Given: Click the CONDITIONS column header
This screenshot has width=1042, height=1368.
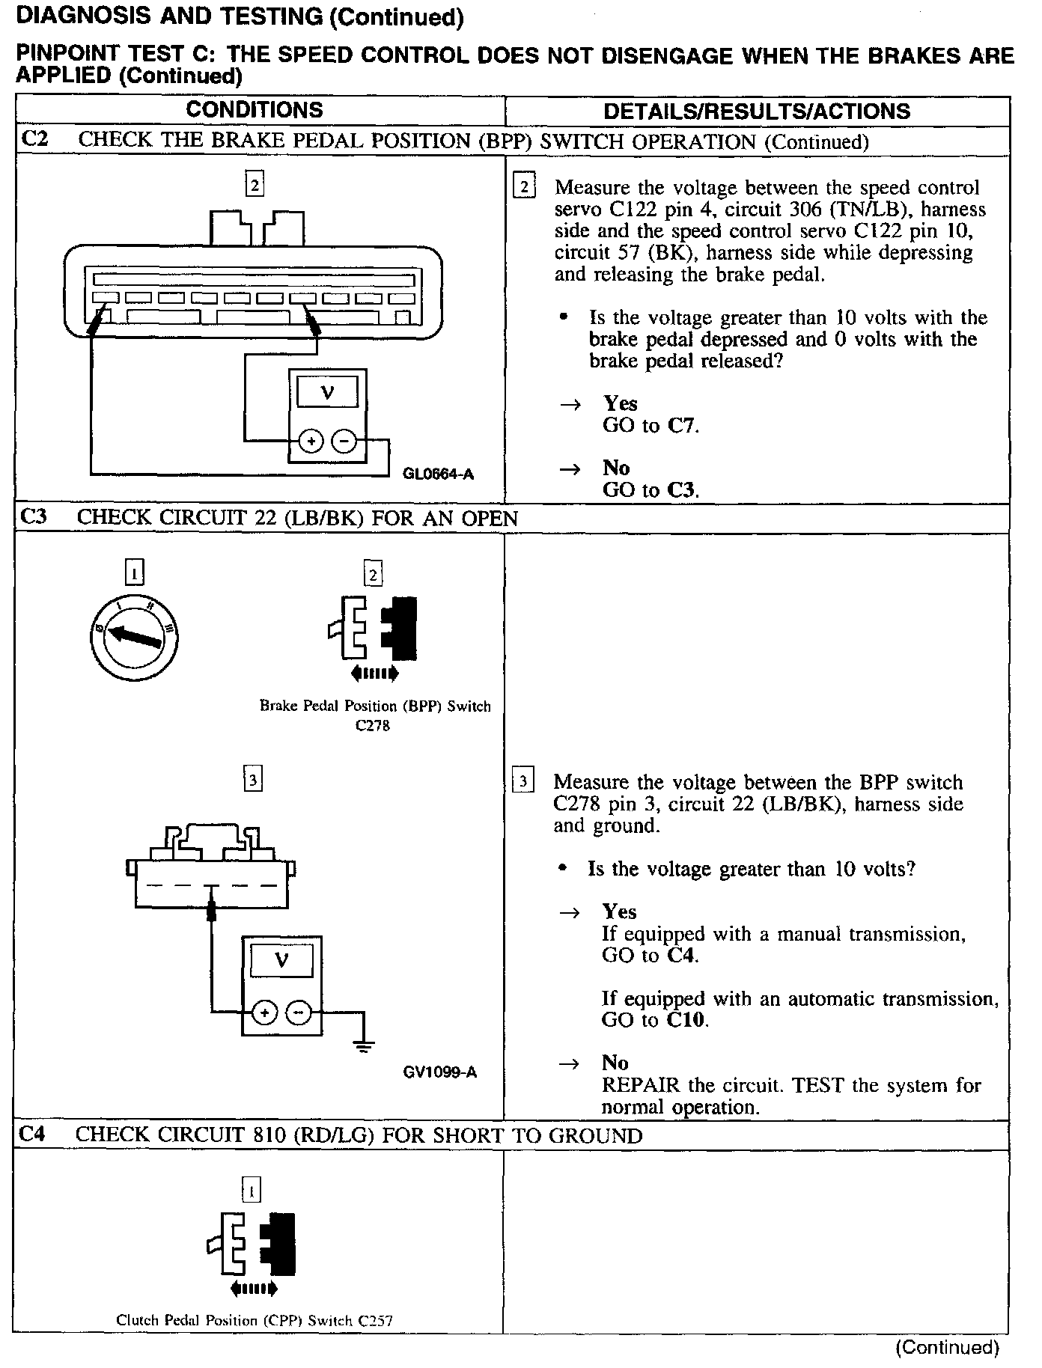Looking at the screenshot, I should coord(255,110).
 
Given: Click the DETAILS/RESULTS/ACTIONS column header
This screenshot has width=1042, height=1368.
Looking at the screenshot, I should coord(757,112).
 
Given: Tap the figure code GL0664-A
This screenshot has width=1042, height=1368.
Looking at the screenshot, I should coord(438,474).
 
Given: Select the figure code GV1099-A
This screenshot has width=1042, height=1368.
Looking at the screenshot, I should coord(440,1072).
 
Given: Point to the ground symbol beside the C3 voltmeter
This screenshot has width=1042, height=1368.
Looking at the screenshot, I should coord(364,1046).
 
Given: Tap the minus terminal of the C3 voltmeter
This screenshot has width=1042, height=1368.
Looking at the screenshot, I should coord(298,1013).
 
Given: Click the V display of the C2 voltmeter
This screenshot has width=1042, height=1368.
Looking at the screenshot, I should coord(327,391).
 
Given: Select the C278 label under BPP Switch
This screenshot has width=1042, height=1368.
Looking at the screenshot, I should coord(373,725).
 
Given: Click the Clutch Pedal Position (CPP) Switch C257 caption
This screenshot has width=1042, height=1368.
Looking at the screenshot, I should coord(255,1320).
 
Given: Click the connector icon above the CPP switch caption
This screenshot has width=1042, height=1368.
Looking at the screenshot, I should coord(252,1245).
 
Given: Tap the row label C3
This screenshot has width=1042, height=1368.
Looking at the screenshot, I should coord(34,517).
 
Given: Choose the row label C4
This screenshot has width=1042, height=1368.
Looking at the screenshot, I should coord(33,1135).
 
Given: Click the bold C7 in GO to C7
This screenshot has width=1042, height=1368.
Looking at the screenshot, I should coord(682,426).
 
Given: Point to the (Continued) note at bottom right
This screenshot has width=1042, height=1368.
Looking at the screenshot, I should coord(947,1348).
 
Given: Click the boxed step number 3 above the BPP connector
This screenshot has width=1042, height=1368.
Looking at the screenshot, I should coord(254,781).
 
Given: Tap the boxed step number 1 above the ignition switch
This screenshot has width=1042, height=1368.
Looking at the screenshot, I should coord(134,574).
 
